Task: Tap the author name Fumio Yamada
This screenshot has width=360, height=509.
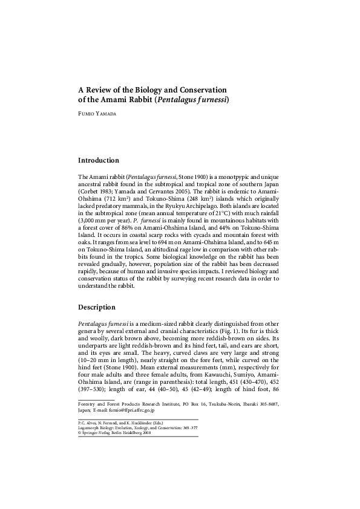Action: [101, 113]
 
